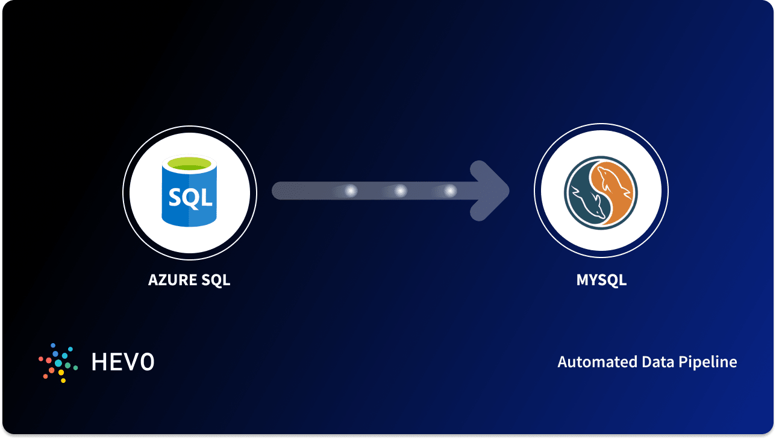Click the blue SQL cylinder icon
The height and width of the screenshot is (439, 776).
189,191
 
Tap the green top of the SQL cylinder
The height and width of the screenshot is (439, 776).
189,163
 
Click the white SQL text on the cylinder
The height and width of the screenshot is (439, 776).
190,198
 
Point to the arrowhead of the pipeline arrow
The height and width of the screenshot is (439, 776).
489,191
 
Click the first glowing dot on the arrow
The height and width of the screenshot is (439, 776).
351,191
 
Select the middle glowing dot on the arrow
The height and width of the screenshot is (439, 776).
401,191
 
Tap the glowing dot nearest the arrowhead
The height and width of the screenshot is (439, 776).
450,191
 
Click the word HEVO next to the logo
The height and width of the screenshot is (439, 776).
123,362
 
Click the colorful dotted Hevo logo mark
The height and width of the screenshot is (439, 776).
58,363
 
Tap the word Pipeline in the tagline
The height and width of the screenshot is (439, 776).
708,362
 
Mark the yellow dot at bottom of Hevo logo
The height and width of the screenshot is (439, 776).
63,381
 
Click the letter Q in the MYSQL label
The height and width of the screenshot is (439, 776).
609,280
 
